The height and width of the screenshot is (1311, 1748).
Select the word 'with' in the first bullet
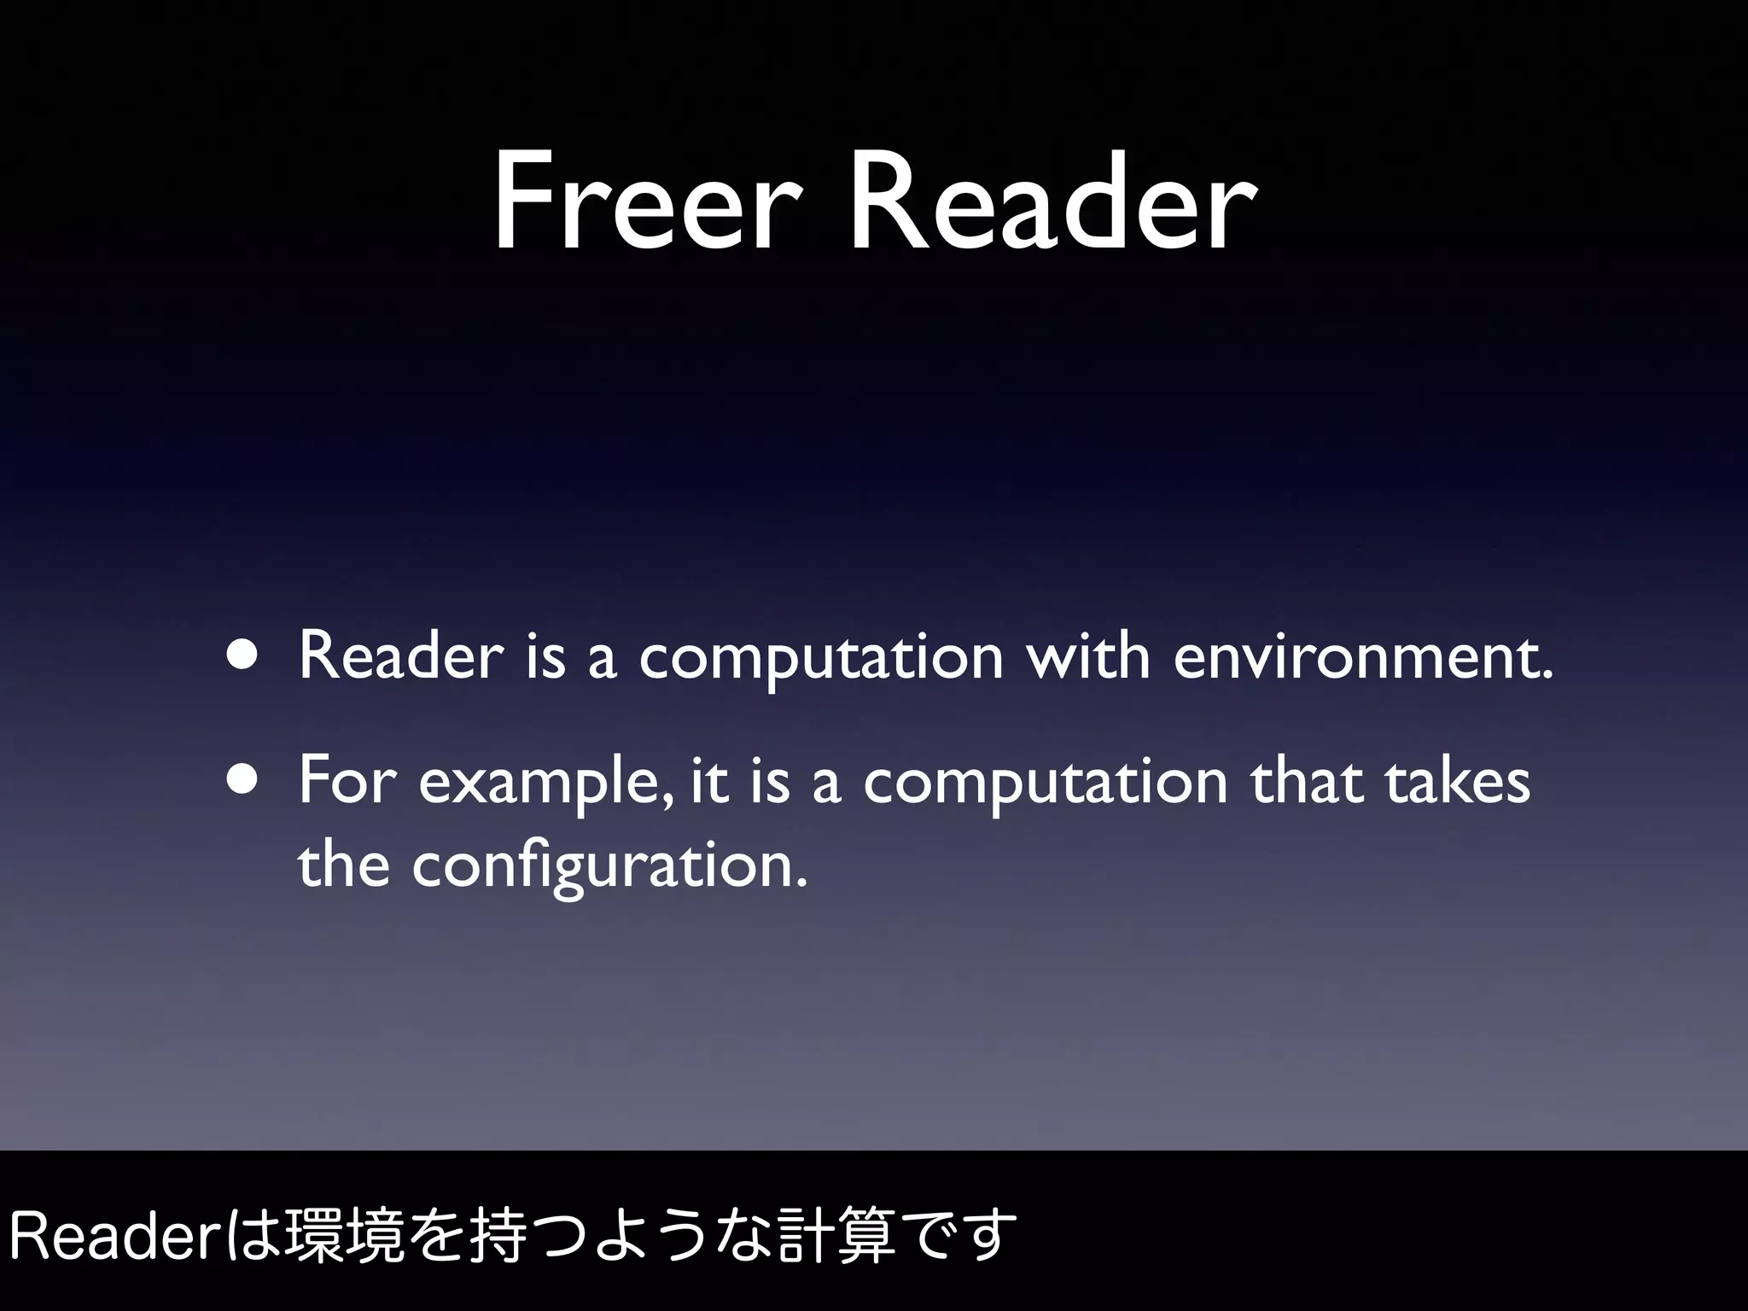click(x=1088, y=655)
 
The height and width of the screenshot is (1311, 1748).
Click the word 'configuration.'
click(x=609, y=867)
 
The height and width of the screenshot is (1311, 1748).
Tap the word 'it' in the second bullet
click(x=708, y=782)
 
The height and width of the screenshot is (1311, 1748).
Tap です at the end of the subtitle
click(x=960, y=1235)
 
